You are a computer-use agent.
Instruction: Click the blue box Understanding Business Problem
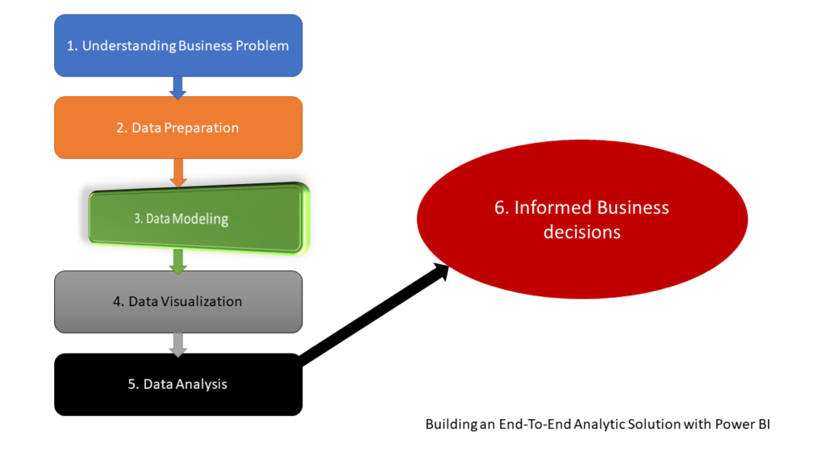(178, 45)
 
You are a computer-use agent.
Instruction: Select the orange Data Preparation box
(178, 128)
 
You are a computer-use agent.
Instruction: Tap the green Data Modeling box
(198, 219)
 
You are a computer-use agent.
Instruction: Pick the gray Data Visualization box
(178, 302)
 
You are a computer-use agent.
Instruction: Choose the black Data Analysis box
(178, 384)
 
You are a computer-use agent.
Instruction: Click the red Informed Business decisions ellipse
(582, 220)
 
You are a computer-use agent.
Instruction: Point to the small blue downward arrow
(178, 87)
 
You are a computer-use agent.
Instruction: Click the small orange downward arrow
(178, 173)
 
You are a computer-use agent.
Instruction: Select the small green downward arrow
(178, 262)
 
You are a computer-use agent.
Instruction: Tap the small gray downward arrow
(178, 345)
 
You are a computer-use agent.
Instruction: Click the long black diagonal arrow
(374, 316)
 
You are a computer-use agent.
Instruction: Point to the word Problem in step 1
(262, 46)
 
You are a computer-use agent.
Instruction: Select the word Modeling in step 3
(200, 220)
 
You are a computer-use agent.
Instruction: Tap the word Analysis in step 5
(201, 384)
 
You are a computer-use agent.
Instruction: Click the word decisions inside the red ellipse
(582, 232)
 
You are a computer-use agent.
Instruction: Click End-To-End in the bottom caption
(535, 424)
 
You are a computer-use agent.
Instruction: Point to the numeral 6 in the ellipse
(501, 207)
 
